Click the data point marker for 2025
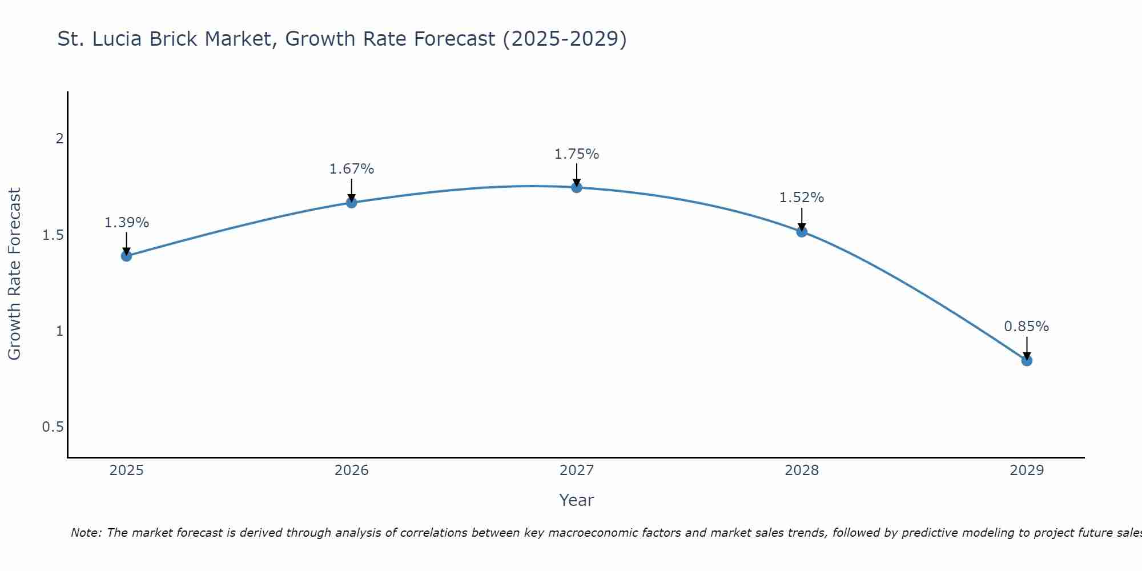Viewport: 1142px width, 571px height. tap(127, 256)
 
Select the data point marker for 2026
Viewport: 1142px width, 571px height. tap(352, 202)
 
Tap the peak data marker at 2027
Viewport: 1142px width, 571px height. tap(577, 187)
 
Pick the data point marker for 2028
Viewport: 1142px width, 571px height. tap(802, 231)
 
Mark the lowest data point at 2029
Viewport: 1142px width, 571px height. tap(1027, 360)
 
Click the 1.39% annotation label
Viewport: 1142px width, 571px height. tap(127, 223)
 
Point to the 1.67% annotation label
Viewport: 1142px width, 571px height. tap(352, 169)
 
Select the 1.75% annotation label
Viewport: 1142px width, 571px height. tap(577, 154)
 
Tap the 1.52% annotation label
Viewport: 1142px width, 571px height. tap(802, 198)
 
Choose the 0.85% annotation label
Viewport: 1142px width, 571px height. tap(1027, 327)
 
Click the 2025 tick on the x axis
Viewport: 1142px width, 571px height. tap(127, 471)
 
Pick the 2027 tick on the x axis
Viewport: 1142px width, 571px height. tap(577, 471)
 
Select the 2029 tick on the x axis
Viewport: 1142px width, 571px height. tap(1027, 471)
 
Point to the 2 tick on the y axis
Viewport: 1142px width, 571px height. tap(59, 139)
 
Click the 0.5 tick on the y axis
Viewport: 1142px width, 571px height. tap(53, 427)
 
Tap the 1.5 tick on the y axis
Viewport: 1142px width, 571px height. tap(53, 235)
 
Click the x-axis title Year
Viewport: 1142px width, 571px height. tap(577, 500)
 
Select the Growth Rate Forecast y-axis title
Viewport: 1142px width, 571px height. tap(15, 274)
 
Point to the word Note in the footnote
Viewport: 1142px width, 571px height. tap(86, 533)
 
